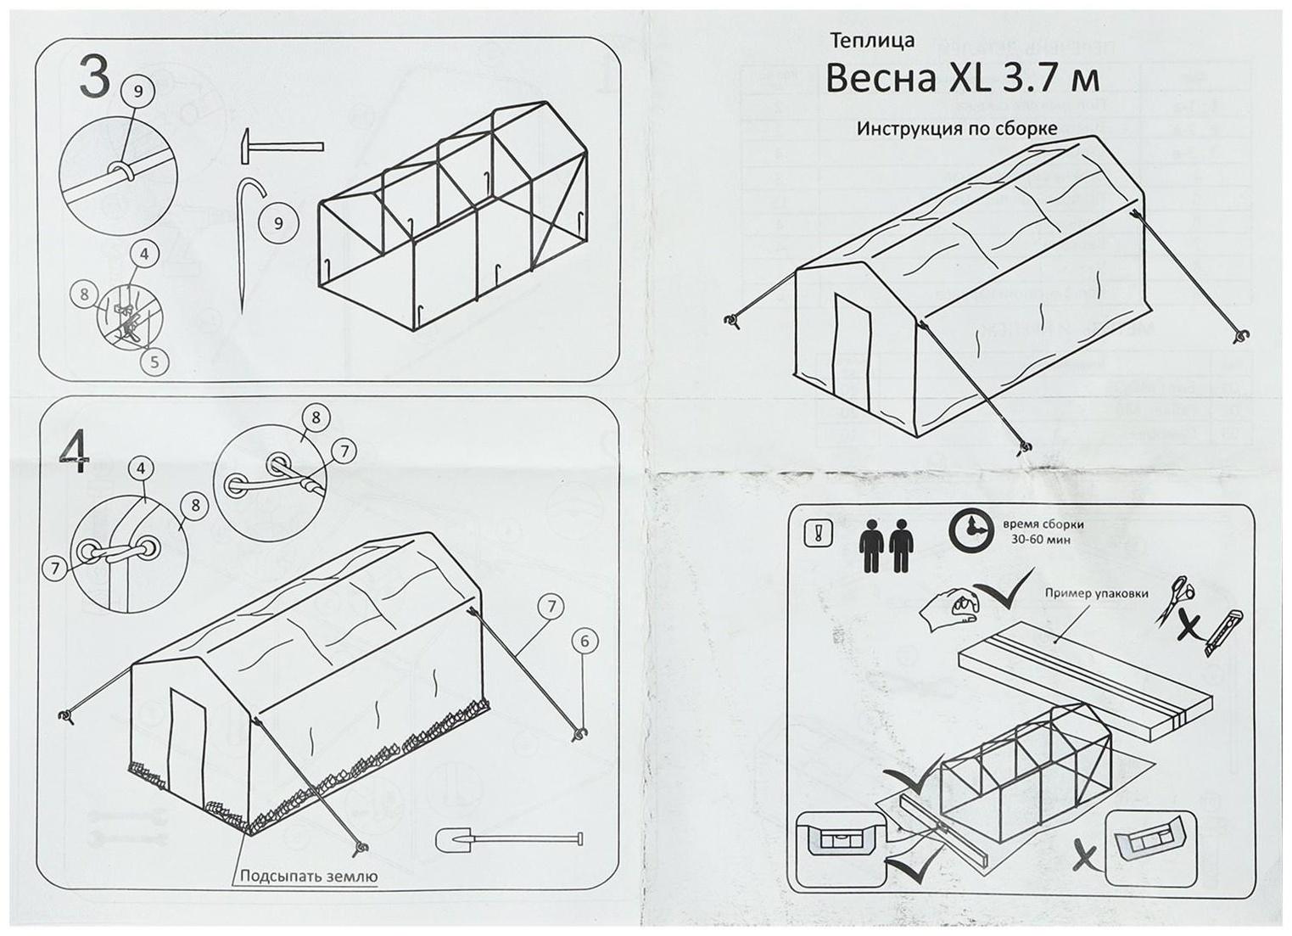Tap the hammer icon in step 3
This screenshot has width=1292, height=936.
[x=281, y=144]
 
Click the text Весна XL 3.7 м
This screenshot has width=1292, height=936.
[x=962, y=80]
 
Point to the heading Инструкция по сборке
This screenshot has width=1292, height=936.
[x=956, y=129]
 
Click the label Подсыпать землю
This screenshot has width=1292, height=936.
[x=309, y=877]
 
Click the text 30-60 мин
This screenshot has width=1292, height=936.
[x=1040, y=540]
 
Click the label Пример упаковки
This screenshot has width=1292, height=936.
[x=1096, y=593]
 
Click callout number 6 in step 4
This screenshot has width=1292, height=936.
[x=584, y=642]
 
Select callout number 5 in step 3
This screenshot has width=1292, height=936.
[x=154, y=362]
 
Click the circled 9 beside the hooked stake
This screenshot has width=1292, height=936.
[x=278, y=223]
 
